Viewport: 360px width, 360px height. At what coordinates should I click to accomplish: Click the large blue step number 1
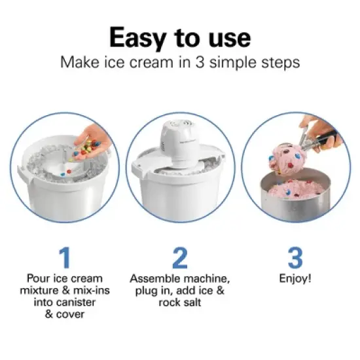64,258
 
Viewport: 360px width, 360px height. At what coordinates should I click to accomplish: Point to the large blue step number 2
179,258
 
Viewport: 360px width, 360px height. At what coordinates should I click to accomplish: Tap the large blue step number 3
295,258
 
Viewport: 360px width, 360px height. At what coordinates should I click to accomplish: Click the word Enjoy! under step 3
295,278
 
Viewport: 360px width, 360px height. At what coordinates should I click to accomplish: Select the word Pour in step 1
39,278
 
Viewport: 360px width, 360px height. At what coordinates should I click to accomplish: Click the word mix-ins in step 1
84,290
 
